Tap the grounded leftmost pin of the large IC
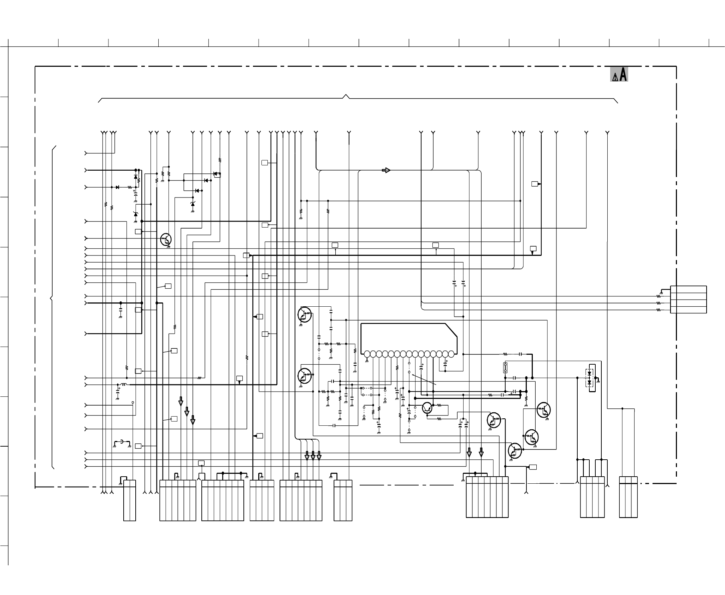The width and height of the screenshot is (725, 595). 367,354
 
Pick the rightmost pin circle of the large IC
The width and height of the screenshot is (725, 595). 451,354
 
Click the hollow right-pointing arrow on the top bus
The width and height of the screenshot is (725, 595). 386,170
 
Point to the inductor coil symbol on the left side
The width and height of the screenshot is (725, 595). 123,384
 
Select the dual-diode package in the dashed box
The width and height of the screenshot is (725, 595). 589,378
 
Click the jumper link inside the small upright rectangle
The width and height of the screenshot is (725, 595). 505,368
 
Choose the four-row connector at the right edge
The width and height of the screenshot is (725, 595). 688,299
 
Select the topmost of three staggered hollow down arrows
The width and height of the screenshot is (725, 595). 181,401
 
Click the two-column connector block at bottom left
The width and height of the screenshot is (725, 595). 130,500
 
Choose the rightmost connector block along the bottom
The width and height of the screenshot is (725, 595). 628,497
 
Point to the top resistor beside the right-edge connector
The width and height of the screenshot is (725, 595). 658,296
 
